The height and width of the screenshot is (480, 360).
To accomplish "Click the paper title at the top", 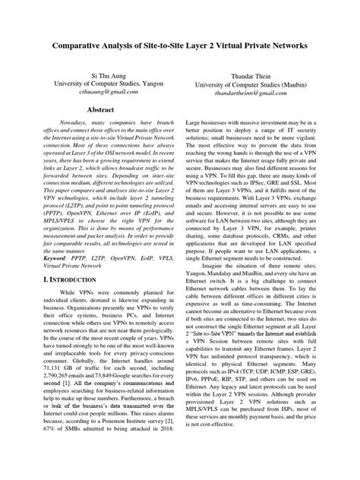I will tap(180, 46).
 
